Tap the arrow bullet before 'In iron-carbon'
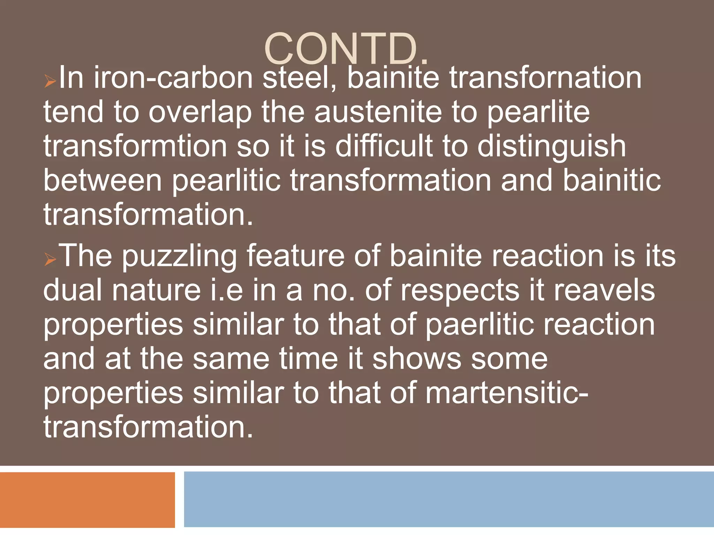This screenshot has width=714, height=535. coord(50,82)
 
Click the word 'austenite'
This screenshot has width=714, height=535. coord(379,112)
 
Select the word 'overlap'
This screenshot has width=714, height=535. coord(200,112)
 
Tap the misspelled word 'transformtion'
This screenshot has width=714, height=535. coord(135,146)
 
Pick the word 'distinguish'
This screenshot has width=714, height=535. coord(552,146)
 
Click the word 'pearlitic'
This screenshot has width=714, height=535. coord(226,180)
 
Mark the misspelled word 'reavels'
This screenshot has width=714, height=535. coord(604,290)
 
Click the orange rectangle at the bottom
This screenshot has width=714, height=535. coord(87,499)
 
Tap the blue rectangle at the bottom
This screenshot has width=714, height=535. coord(449,499)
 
